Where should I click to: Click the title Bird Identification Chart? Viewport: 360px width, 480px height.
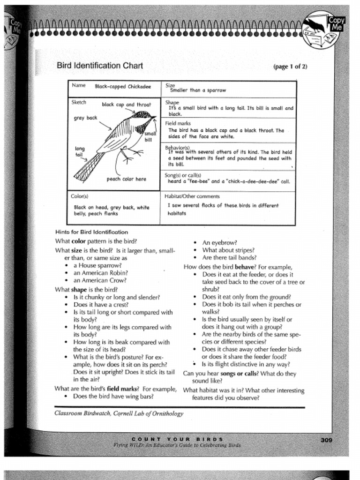point(99,66)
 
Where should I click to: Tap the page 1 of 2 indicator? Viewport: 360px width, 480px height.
point(290,66)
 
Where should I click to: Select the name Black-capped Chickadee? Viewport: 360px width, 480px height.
point(123,87)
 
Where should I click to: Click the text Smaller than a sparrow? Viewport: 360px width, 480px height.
point(198,90)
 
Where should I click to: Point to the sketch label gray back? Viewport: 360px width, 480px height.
point(85,118)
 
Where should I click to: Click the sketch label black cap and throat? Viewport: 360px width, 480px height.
point(127,105)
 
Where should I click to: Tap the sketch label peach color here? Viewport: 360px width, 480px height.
point(126,179)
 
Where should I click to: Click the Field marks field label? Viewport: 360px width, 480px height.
point(178,123)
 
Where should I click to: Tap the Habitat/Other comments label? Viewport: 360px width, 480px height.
point(192,196)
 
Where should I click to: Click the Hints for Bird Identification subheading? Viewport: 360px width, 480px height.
point(91,232)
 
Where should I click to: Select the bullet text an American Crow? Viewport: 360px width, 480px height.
point(100,280)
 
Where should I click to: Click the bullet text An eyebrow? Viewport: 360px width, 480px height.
point(219,243)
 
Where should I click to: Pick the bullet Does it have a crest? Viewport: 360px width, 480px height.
point(104,305)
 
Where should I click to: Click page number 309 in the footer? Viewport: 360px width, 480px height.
point(327,439)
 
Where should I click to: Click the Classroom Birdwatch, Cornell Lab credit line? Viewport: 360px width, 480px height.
point(119,413)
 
